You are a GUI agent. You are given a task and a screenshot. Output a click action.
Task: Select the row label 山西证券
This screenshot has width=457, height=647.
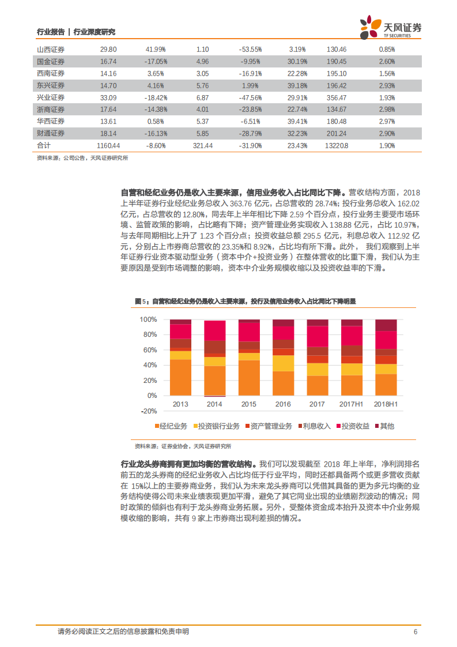pos(51,50)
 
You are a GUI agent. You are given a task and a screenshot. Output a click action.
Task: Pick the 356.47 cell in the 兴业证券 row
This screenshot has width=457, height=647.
pos(336,97)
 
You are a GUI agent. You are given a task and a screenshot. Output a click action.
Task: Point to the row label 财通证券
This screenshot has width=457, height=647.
pos(51,134)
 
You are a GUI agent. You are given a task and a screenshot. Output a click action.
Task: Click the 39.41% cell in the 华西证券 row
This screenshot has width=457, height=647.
pos(297,122)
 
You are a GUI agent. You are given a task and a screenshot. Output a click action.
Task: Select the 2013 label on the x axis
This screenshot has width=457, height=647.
pos(180,404)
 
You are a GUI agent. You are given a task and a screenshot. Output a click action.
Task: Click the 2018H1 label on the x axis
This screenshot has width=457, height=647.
pos(386,404)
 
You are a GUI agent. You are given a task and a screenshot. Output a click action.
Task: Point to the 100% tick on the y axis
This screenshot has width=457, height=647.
pos(148,319)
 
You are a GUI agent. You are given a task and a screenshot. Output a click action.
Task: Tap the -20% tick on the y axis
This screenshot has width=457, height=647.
pos(148,411)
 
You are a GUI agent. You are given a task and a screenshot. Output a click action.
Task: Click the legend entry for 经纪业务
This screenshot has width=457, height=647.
pos(171,426)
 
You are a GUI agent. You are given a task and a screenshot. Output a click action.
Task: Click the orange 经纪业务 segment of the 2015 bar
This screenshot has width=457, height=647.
pos(249,378)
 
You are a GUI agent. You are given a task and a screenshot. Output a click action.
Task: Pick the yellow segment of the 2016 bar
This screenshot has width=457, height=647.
pos(283,363)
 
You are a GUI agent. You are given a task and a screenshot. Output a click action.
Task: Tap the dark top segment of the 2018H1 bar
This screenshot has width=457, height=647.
pos(386,325)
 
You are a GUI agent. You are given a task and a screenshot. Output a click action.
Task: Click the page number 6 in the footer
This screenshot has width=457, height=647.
pos(416,631)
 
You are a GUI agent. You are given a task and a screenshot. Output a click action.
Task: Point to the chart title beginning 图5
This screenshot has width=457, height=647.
pos(245,301)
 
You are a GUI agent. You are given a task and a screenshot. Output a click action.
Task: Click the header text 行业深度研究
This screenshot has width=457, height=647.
pos(95,32)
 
